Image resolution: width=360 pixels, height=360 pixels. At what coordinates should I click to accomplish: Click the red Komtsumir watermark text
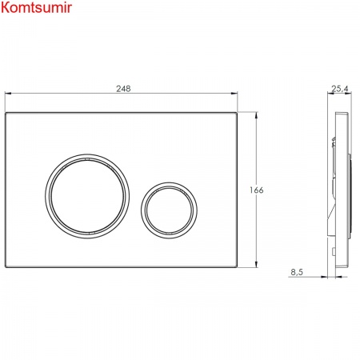(36, 7)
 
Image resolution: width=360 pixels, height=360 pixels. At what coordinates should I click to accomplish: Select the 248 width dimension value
(123, 89)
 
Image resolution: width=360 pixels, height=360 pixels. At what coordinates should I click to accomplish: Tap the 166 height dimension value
(257, 190)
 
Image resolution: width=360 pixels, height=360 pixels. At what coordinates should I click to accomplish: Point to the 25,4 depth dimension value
(340, 89)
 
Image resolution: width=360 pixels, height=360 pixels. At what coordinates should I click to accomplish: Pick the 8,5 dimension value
(297, 272)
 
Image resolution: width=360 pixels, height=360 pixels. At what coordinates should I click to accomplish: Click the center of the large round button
(87, 196)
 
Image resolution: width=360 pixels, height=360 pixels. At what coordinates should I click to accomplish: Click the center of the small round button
(169, 210)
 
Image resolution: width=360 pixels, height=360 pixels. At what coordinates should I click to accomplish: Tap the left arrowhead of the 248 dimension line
(8, 93)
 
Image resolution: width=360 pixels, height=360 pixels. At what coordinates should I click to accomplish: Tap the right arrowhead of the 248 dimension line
(234, 93)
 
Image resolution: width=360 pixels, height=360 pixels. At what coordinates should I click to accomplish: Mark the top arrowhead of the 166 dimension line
(257, 115)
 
